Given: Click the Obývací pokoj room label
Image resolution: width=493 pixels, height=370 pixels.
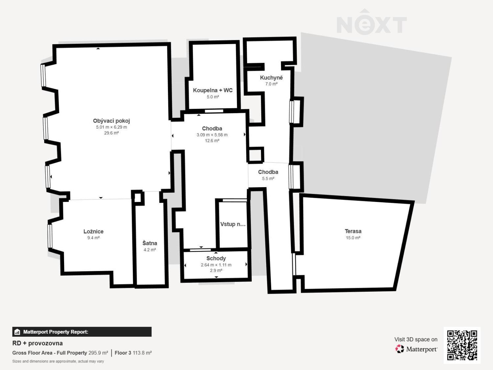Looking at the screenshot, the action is (111, 121).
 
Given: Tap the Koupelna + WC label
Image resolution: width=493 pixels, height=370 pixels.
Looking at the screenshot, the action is (213, 90).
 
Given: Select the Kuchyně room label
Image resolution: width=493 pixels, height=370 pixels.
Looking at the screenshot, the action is (271, 78).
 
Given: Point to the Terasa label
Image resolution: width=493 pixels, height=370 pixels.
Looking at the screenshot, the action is (353, 231).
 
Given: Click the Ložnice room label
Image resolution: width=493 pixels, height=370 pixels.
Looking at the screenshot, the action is (93, 232).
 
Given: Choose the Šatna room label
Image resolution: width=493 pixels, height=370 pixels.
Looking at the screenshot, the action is (150, 243).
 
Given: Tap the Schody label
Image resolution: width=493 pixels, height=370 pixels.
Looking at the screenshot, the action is (216, 259).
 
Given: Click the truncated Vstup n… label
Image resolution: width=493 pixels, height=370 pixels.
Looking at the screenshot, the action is (233, 224).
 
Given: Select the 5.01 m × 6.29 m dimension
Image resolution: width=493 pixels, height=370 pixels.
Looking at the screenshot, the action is (111, 127).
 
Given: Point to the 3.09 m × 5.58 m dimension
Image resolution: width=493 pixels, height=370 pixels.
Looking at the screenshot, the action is (212, 135).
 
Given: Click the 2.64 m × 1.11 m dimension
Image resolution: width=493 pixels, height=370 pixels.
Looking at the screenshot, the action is (216, 265).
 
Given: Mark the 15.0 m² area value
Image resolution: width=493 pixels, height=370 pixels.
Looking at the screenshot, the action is (353, 238).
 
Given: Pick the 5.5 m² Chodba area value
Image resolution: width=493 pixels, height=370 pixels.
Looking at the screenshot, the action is (268, 179).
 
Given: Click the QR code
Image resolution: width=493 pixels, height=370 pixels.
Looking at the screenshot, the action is (462, 345).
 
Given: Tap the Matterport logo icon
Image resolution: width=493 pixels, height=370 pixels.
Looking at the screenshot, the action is (400, 349).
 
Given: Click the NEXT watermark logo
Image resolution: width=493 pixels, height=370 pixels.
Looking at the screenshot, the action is (372, 22).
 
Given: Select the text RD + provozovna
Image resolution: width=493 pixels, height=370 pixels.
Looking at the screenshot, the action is (37, 343).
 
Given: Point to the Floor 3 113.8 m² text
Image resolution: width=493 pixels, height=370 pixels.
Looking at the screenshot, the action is (133, 353).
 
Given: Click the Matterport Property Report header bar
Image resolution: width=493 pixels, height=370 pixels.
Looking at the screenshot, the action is (82, 332).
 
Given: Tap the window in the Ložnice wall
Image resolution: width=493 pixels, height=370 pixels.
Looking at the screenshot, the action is (50, 236).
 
